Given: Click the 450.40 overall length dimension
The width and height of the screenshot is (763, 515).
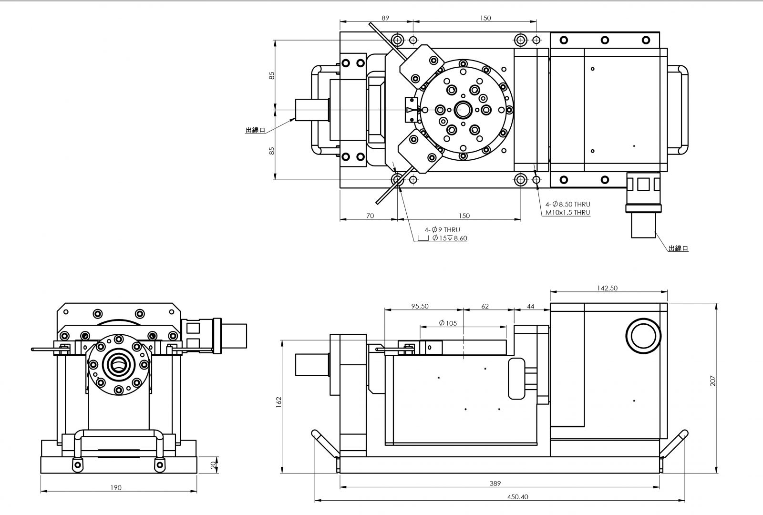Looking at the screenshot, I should [x=517, y=496].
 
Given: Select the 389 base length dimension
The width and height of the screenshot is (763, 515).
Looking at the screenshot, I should [x=495, y=483].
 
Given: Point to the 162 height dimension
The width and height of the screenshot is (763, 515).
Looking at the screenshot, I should [x=279, y=402].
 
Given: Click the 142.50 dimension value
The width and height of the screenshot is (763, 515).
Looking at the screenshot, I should [x=607, y=288].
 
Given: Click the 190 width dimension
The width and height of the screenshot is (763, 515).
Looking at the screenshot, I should [x=115, y=487].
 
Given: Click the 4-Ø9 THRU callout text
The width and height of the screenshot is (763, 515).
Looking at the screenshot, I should [x=443, y=229].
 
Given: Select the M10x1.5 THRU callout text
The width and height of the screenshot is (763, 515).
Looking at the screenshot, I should [x=568, y=213].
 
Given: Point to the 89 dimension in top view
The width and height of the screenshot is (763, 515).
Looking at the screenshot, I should [x=385, y=18].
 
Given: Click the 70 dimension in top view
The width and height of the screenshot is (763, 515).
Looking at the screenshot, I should [x=370, y=216].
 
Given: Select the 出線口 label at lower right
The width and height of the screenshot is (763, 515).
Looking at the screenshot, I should [x=678, y=248].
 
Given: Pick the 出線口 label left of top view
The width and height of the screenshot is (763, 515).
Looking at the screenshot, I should [x=255, y=130].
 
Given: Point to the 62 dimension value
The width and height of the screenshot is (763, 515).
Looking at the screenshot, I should [x=485, y=306].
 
